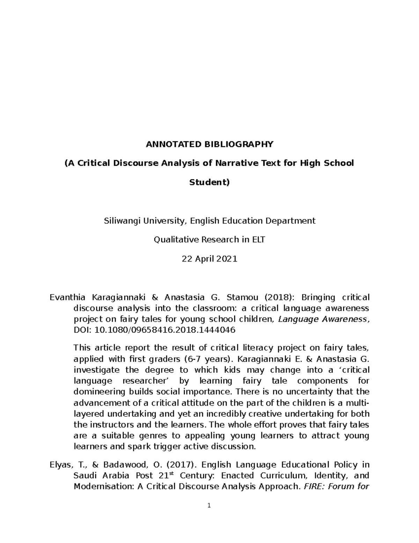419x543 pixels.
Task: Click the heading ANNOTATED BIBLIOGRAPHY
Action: coord(209,144)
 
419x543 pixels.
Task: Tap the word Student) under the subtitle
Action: coord(209,182)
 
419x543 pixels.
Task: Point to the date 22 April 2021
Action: coord(209,259)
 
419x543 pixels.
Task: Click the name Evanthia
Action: coord(68,298)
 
